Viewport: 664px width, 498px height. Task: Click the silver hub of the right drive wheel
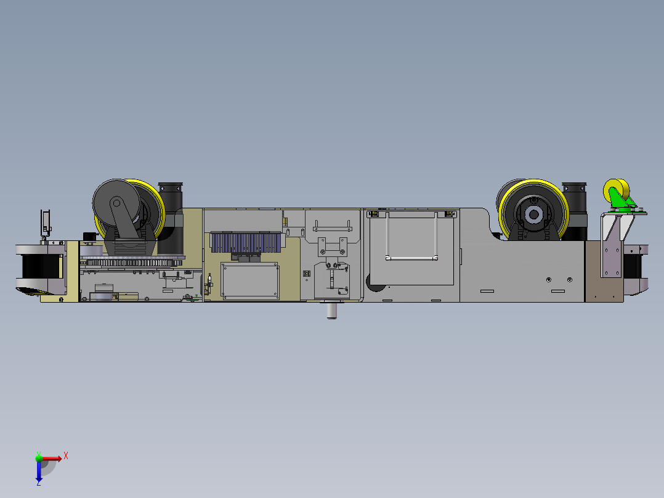[x=533, y=215]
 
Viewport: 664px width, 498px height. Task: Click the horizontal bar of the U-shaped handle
[x=411, y=258]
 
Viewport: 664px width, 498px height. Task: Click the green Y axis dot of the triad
[x=39, y=458]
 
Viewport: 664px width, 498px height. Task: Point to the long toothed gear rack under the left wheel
[x=132, y=263]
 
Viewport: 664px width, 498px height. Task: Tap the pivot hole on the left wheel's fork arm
[x=116, y=203]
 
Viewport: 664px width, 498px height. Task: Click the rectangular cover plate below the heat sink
[x=249, y=280]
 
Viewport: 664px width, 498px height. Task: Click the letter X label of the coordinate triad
[x=66, y=455]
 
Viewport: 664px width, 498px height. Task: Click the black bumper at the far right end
[x=634, y=268]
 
